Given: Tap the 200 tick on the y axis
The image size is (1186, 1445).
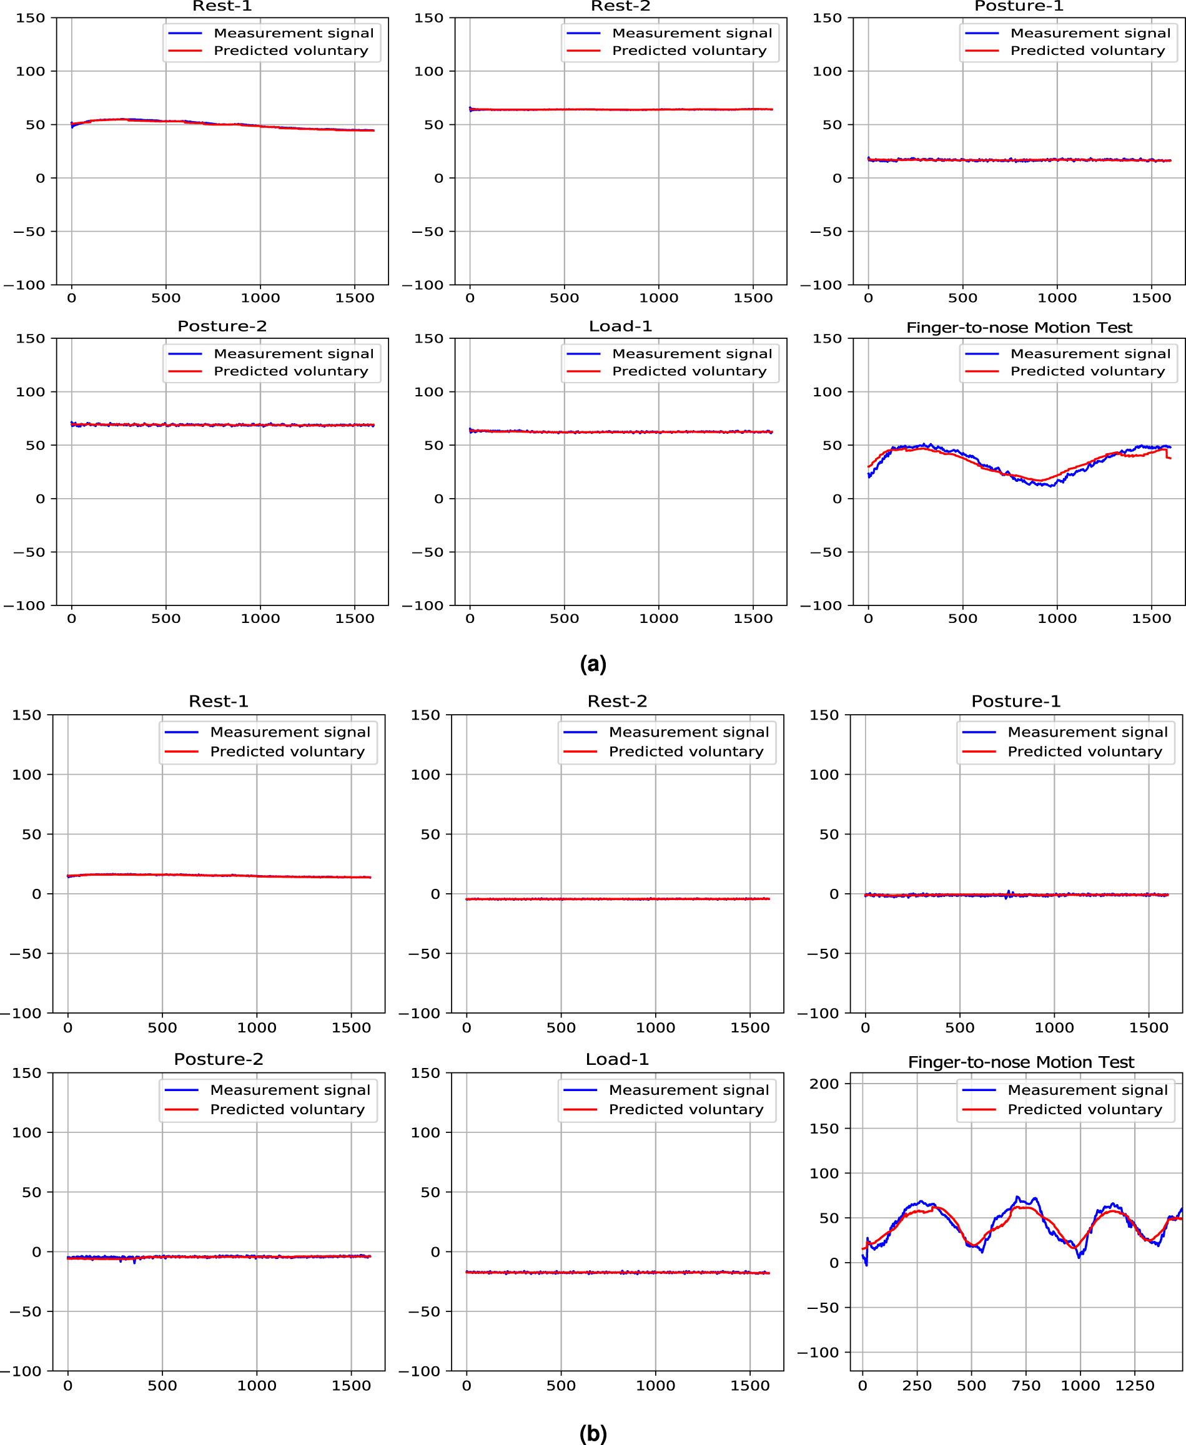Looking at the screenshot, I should [x=823, y=1084].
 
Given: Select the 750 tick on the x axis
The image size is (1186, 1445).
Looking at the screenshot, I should [x=1025, y=1386].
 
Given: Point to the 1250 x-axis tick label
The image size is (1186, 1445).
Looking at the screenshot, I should [x=1134, y=1386].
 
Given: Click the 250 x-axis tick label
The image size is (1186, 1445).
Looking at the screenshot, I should [x=916, y=1386].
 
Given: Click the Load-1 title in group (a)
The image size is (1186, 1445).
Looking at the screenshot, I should [x=620, y=326].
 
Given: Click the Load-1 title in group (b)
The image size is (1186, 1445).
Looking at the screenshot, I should [x=616, y=1059].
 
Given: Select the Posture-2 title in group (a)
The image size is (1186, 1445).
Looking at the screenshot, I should [x=222, y=326].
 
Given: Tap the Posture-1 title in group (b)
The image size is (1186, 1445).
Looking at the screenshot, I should [x=1016, y=702].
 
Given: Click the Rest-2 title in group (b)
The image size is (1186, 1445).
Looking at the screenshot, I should [x=616, y=702].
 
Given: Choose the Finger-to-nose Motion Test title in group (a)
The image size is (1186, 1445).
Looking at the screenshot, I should [x=1019, y=328].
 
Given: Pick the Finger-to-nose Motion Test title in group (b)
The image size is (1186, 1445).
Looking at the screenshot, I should [x=1020, y=1062].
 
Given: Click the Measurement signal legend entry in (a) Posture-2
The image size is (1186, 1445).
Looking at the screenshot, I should [x=293, y=354].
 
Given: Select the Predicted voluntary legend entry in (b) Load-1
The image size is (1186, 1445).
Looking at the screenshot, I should [x=685, y=1110].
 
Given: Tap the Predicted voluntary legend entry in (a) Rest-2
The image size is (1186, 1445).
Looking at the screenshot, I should [x=689, y=51].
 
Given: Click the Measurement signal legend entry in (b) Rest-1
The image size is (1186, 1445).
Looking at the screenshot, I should [x=290, y=732].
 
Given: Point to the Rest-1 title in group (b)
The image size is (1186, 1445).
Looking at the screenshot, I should [x=218, y=702].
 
